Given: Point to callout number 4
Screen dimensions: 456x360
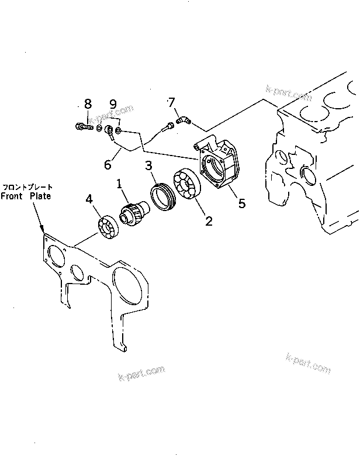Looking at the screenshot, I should [89, 199].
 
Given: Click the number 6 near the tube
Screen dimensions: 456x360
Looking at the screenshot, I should [108, 165].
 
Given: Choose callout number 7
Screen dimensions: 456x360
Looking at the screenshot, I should [172, 103].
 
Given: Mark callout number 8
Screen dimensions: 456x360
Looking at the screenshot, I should [88, 104].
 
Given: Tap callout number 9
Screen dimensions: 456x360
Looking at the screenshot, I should [113, 105].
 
